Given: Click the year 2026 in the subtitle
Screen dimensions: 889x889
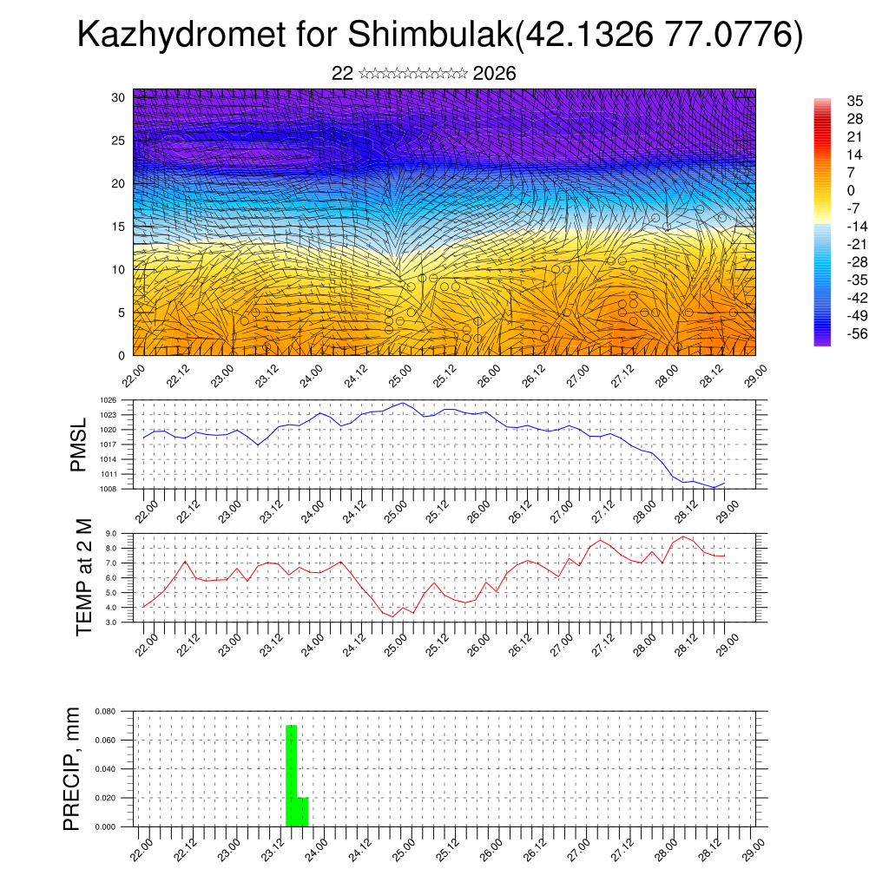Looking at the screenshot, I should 495,74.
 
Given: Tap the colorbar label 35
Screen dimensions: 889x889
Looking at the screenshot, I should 854,101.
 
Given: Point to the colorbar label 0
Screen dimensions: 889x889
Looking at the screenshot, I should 851,190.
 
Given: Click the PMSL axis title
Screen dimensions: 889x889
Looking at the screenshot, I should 78,444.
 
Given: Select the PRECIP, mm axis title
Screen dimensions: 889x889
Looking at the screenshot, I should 75,769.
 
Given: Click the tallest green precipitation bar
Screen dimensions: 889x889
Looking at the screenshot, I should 292,775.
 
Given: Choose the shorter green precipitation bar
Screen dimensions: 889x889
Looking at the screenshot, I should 303,812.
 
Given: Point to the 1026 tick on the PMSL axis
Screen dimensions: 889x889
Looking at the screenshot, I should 108,400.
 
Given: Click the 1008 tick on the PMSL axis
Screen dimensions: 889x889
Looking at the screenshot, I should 108,489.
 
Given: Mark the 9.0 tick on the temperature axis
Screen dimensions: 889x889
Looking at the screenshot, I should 111,534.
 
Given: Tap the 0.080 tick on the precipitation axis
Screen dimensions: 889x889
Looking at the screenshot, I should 106,711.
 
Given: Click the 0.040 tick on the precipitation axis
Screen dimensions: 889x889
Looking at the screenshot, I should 106,769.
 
